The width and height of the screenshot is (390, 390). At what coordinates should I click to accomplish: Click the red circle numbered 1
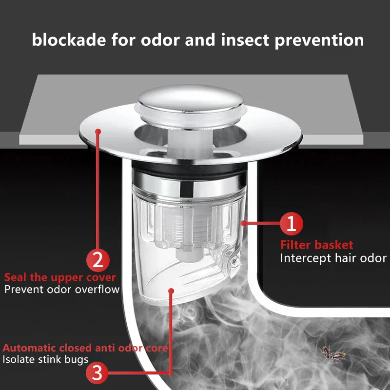[x=291, y=224]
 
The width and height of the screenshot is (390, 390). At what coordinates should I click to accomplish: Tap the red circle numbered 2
[x=97, y=259]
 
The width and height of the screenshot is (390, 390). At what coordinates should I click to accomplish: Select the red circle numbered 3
[x=97, y=373]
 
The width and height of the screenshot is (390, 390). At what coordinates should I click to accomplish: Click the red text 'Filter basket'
[x=316, y=245]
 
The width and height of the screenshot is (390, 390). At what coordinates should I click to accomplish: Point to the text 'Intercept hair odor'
[x=333, y=258]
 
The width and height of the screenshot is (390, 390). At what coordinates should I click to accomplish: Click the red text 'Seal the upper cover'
[x=60, y=277]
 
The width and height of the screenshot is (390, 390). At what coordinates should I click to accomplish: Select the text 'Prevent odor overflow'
[x=62, y=290]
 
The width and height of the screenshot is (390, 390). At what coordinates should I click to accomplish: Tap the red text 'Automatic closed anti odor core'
[x=86, y=348]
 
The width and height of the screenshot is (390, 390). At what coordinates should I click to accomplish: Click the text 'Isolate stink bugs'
[x=45, y=360]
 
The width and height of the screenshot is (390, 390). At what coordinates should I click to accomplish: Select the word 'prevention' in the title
[x=319, y=40]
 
